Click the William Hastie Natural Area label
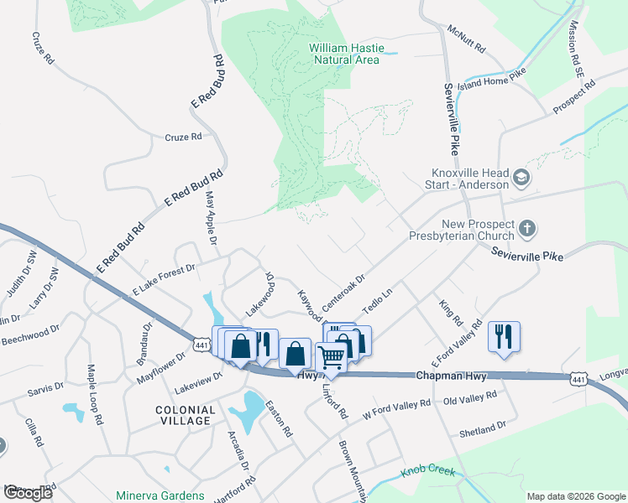(x=344, y=54)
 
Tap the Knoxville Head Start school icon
(x=521, y=178)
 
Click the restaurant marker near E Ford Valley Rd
(x=504, y=337)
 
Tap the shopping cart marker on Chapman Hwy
(x=332, y=358)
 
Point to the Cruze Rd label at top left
(x=43, y=49)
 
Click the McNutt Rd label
(x=467, y=39)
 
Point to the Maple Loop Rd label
(x=95, y=395)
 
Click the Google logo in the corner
(x=28, y=492)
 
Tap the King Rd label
(x=451, y=310)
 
